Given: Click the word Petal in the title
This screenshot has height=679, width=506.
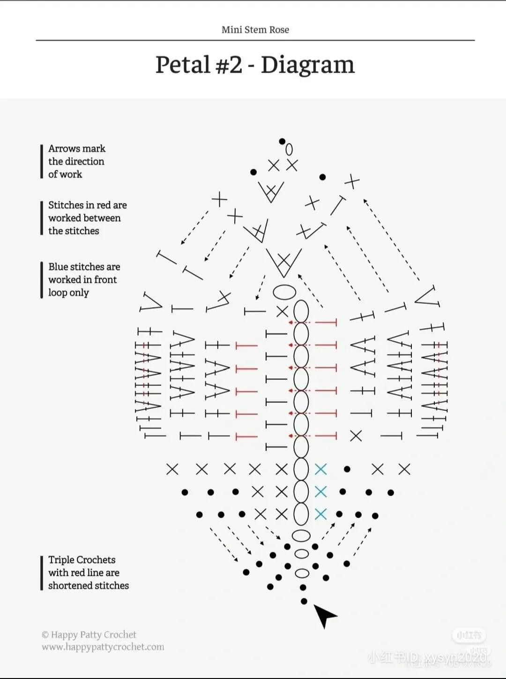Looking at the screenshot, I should point(182,65).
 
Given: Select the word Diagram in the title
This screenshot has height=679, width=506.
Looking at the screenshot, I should point(307,65).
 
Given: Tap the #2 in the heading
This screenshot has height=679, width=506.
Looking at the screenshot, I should point(229,65).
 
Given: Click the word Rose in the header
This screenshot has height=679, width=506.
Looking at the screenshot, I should point(279,30).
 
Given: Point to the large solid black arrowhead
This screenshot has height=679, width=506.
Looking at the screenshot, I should point(323,615).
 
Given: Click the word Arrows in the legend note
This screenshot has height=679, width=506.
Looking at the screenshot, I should point(64,149).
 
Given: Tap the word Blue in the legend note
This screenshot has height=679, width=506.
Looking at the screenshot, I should point(58,267).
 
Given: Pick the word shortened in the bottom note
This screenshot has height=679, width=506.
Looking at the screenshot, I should point(68,586).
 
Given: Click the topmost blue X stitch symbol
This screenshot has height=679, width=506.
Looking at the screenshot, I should point(320,469).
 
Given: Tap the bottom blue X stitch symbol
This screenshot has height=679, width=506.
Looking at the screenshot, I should point(320,514).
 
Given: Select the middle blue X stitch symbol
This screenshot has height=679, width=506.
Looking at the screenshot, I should point(320,491).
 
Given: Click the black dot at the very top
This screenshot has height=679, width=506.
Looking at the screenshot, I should point(282,141).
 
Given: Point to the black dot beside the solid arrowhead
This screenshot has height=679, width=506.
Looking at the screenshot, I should point(304,601).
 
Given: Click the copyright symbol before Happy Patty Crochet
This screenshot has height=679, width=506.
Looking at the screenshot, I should point(45,635).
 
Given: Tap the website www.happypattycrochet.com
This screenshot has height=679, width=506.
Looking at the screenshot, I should point(103,647).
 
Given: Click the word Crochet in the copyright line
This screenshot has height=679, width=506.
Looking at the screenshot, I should point(120,635).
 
